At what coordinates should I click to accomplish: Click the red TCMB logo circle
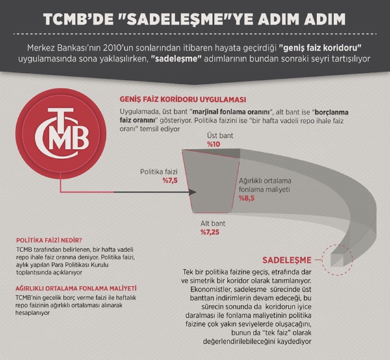click(x=61, y=135)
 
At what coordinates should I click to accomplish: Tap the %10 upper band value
click(x=214, y=144)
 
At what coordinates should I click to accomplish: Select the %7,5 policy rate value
click(x=170, y=181)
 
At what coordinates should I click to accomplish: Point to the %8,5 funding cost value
click(x=247, y=198)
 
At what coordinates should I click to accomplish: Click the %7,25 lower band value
click(x=210, y=232)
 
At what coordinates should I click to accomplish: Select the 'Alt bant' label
click(x=213, y=224)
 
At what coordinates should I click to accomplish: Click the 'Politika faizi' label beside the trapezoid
click(x=159, y=172)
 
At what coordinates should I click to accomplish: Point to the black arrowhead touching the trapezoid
click(x=193, y=192)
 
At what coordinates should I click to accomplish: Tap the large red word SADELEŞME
click(x=287, y=260)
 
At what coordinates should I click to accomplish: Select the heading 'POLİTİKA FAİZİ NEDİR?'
click(x=49, y=240)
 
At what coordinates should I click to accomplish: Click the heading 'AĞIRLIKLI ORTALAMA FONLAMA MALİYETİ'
click(x=76, y=289)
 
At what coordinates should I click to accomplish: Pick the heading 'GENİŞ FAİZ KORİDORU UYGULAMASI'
click(x=183, y=99)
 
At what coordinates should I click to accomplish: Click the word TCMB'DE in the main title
click(x=77, y=19)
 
